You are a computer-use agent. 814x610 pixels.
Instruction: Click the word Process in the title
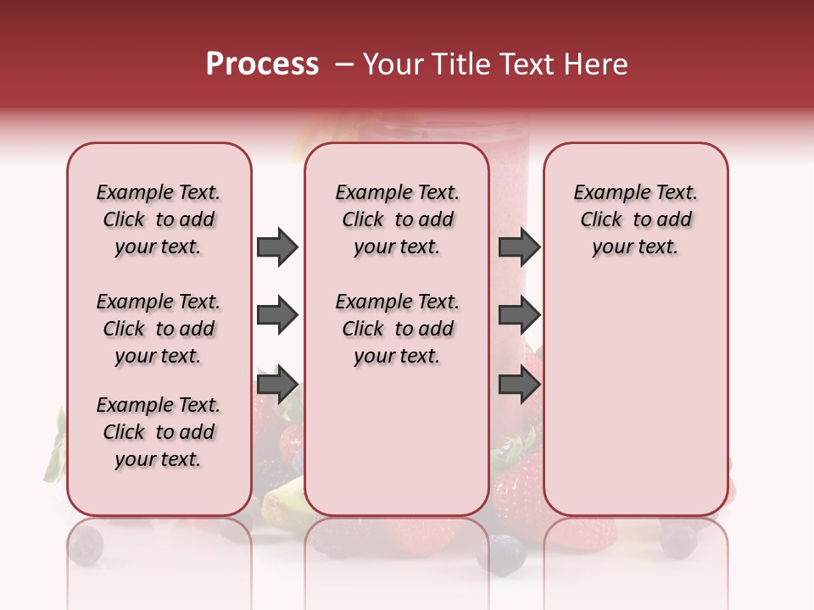(x=262, y=64)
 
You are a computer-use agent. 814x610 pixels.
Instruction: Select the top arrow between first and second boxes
(x=277, y=247)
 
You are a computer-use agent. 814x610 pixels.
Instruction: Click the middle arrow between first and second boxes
(x=277, y=316)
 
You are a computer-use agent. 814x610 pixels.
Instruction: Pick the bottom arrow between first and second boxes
(x=277, y=385)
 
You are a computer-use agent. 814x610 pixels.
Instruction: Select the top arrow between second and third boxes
(x=519, y=247)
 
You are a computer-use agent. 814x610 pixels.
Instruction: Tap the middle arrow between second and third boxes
(x=519, y=316)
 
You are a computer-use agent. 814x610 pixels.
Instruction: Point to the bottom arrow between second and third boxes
(x=519, y=385)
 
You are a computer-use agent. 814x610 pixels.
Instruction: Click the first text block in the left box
(x=159, y=219)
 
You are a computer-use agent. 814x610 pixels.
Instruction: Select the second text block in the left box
(x=159, y=329)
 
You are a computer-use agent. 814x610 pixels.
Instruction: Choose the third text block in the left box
(x=159, y=432)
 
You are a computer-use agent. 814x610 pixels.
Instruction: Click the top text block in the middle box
(x=397, y=219)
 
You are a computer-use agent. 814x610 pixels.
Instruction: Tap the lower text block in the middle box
(x=397, y=329)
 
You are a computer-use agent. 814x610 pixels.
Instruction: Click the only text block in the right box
(x=635, y=219)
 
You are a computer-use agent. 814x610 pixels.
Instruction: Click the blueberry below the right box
(x=678, y=541)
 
